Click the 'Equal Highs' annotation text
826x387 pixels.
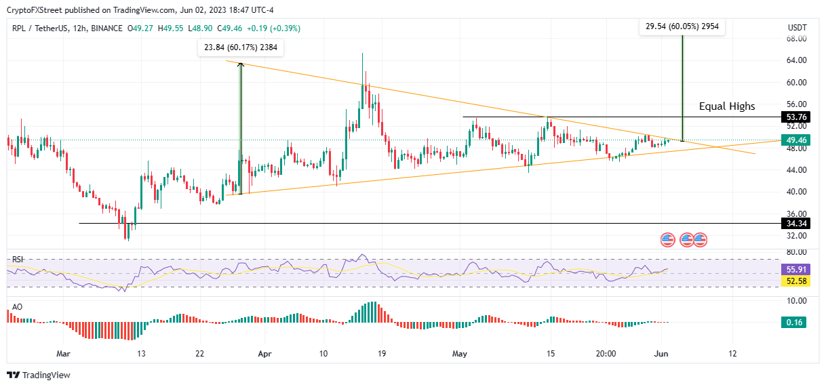727,106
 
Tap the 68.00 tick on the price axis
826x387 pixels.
796,39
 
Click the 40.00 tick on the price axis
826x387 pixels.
796,192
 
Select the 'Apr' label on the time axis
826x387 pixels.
265,353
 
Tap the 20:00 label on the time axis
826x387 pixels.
606,353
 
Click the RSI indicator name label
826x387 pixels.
18,258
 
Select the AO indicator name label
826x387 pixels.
17,307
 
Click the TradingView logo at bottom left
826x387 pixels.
39,375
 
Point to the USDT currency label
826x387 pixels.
797,28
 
